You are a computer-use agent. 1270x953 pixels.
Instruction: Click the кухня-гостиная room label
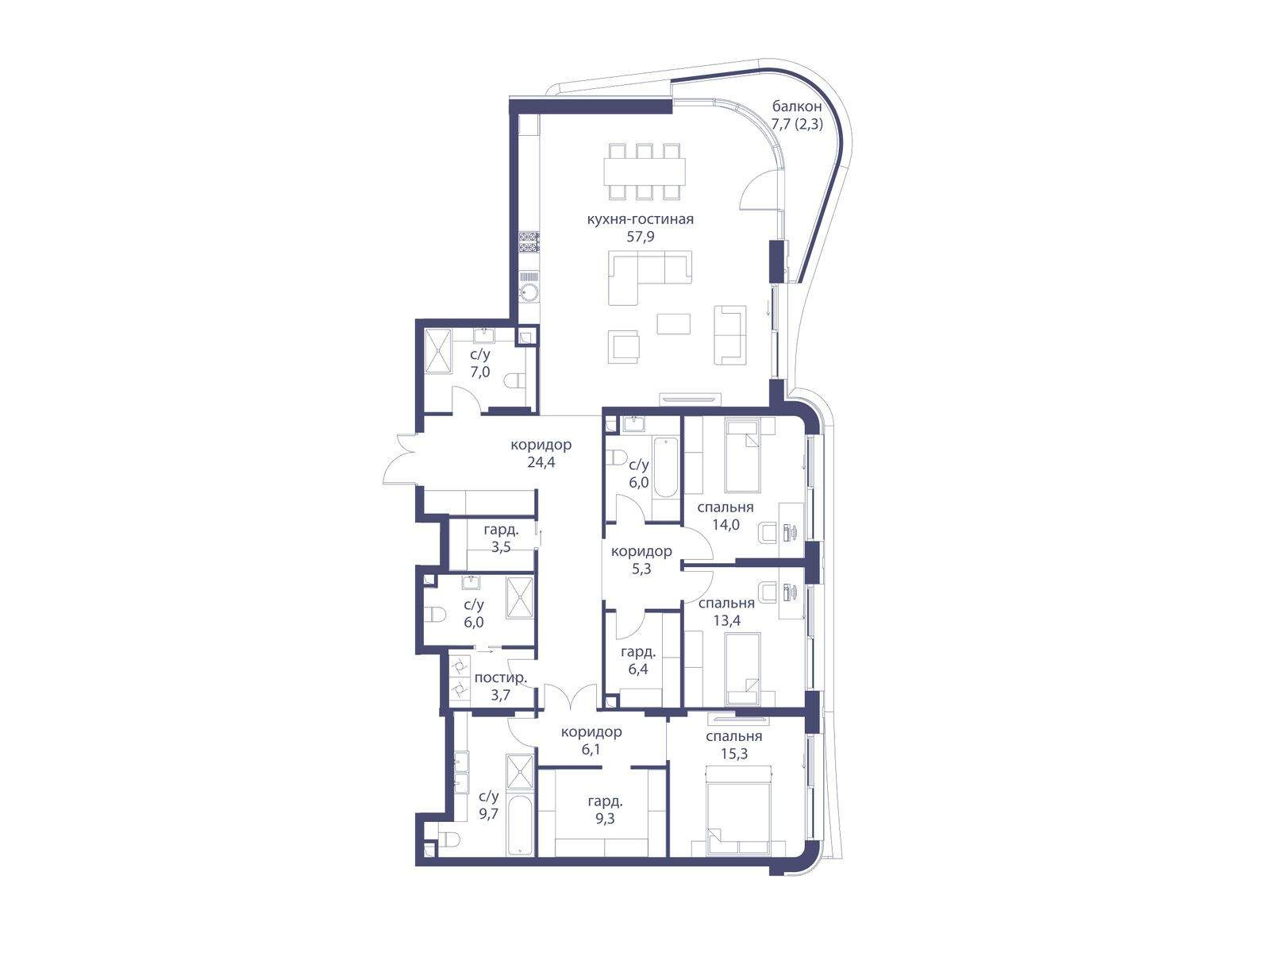(640, 219)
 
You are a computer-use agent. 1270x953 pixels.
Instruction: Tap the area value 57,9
(640, 236)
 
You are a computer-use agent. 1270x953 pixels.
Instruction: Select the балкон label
(797, 106)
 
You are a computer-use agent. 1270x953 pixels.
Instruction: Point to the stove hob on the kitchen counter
(529, 242)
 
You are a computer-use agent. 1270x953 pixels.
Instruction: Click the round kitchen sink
(529, 293)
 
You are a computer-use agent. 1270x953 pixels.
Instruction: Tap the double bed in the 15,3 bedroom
(739, 809)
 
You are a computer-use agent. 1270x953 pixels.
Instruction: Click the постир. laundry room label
(501, 678)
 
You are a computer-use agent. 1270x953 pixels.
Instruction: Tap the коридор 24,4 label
(541, 453)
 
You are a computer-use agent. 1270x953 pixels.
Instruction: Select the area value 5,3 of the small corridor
(641, 569)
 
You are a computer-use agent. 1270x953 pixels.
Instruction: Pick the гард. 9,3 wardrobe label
(605, 810)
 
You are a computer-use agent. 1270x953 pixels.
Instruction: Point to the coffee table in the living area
(673, 323)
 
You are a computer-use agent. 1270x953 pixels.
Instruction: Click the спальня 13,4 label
(727, 612)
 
